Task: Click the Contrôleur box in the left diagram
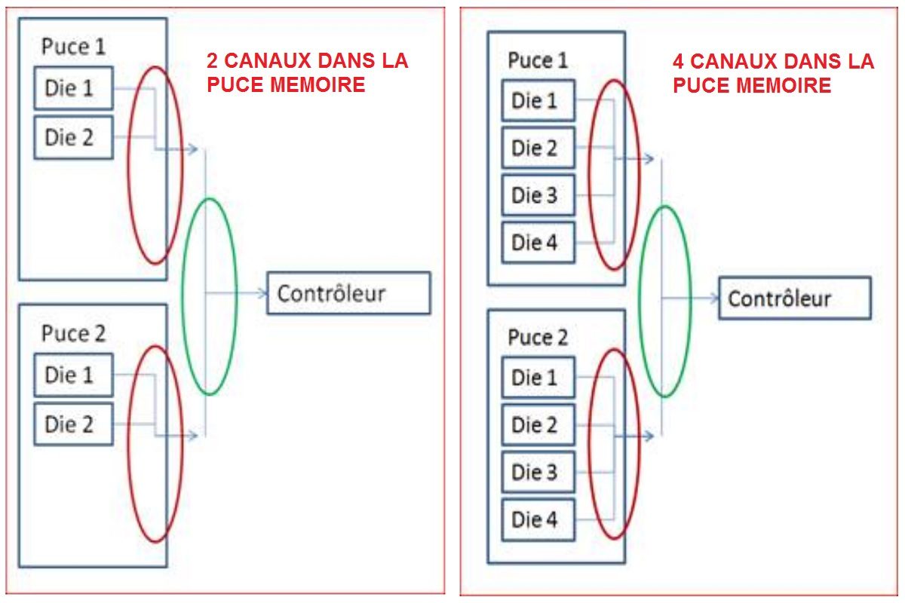pos(348,293)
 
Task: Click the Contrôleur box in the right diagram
pos(795,298)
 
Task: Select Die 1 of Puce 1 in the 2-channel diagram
pos(73,88)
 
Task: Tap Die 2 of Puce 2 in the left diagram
pos(73,424)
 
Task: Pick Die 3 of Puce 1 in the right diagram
pos(538,195)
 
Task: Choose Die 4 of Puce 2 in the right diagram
pos(538,519)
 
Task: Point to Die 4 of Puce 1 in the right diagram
pos(538,243)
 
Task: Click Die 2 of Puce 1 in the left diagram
pos(73,137)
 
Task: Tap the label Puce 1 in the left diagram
pos(73,47)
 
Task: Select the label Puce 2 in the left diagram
pos(73,333)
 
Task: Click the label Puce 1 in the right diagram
pos(538,60)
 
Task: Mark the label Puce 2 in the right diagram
pos(538,338)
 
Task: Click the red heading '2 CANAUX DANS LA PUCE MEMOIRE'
pos(307,72)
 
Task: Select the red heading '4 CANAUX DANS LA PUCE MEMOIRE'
pos(773,72)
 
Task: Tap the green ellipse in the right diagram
pos(640,301)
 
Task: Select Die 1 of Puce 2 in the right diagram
pos(538,378)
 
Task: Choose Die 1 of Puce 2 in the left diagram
pos(73,375)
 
